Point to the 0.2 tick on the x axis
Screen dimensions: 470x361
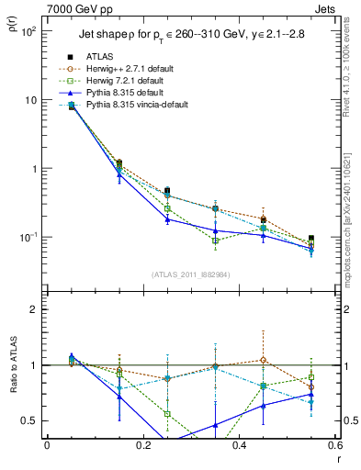142,446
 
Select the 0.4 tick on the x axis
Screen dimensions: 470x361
239,446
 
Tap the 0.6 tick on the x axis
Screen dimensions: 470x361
334,446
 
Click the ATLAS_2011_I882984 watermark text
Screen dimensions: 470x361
190,274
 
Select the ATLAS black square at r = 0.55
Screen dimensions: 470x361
311,239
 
